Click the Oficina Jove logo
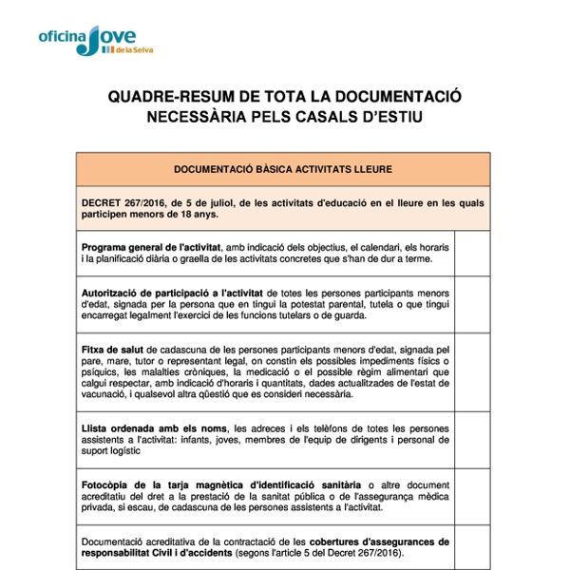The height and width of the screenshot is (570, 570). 93,39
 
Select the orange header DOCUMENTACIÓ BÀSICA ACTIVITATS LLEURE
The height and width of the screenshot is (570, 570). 283,169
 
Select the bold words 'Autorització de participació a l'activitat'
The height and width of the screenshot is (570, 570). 173,293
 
